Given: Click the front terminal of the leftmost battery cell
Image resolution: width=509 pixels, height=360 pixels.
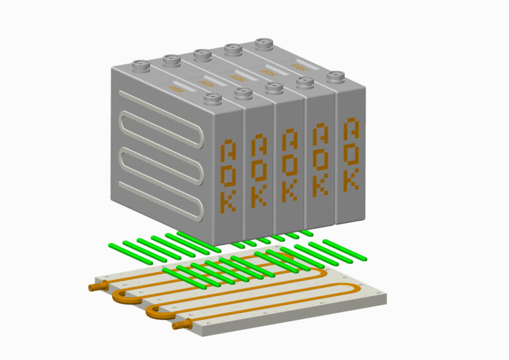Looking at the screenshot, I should coord(211,99).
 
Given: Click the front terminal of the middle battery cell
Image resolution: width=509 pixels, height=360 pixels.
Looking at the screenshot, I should coord(273,88).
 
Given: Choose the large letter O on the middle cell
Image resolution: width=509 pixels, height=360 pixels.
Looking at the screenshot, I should coord(289,164).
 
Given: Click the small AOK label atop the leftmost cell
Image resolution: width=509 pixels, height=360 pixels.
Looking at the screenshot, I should coord(176,88).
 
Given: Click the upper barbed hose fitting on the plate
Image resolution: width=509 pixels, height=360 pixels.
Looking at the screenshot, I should coord(97,286).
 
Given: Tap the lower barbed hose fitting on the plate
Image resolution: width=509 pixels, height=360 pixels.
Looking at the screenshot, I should coord(181,324).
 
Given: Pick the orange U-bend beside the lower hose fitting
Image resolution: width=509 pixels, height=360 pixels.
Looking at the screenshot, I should coord(156,312).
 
